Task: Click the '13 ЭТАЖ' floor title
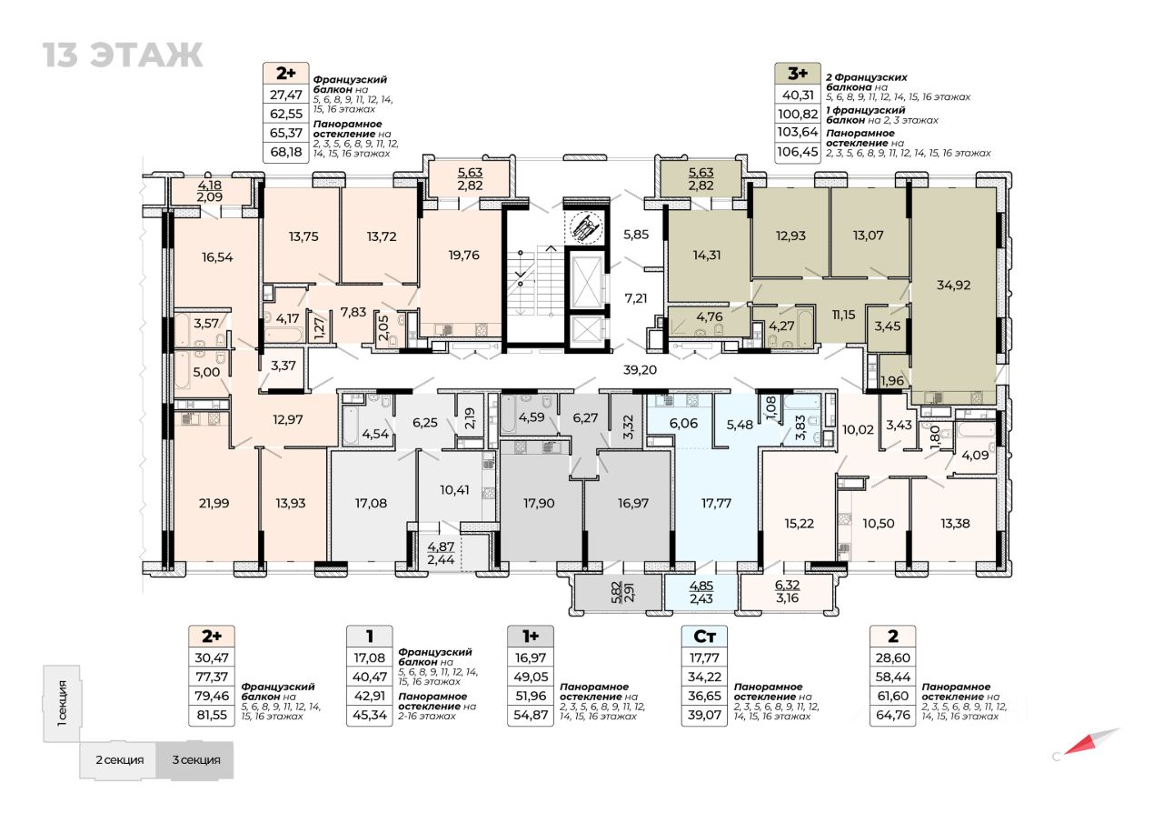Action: (123, 55)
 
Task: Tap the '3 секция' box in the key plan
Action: (194, 759)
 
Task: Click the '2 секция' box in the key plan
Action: (120, 759)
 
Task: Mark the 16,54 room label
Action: (216, 257)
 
